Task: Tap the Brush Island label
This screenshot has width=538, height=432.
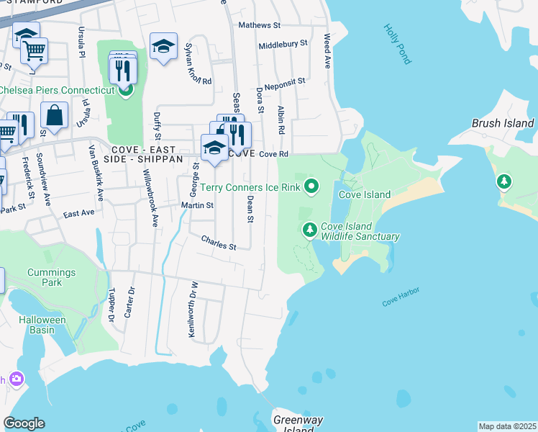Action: (x=503, y=123)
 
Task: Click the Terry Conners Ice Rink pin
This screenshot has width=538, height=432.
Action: (x=311, y=187)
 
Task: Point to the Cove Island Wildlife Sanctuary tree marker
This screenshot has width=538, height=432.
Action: (x=309, y=230)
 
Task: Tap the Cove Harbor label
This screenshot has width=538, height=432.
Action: (x=401, y=298)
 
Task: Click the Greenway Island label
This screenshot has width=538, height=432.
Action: (x=298, y=424)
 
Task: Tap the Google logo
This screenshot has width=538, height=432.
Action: (x=24, y=423)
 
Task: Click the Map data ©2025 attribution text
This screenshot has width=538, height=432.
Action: (x=507, y=426)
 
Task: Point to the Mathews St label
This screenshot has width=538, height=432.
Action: (x=260, y=25)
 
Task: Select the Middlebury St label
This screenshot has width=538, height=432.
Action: (x=283, y=44)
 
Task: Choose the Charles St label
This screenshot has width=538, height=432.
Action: (x=219, y=243)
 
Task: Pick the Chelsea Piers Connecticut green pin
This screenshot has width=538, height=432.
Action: (x=125, y=90)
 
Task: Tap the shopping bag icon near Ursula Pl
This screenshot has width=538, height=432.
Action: (x=54, y=114)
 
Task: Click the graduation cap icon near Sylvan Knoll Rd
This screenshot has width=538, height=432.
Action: (x=164, y=47)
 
